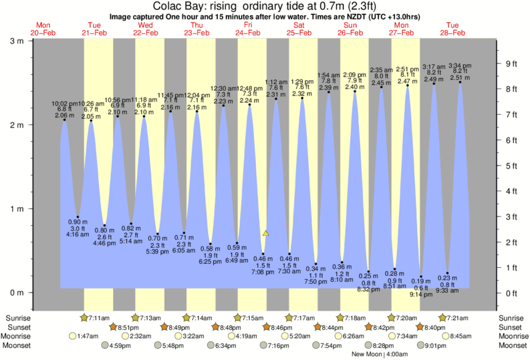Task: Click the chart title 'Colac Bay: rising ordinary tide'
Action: tap(265, 6)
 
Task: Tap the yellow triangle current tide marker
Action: tap(266, 233)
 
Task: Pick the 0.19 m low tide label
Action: tap(420, 281)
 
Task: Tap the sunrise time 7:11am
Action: tap(98, 317)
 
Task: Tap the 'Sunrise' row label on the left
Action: tap(18, 317)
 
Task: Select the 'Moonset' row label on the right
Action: tap(512, 345)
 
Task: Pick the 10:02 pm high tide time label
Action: tap(65, 104)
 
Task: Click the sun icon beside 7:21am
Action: tap(443, 317)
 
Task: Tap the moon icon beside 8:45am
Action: tap(446, 336)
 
